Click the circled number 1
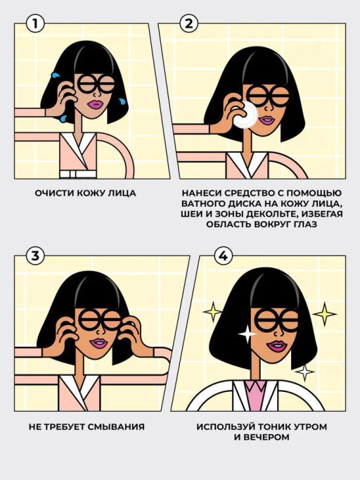(35, 23)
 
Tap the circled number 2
(189, 23)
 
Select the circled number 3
(35, 255)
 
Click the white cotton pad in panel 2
(245, 114)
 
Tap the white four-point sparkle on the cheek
(247, 334)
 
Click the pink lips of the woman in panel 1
(95, 105)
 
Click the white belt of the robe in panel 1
(78, 174)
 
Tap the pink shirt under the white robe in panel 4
(255, 395)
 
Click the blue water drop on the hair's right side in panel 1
(122, 101)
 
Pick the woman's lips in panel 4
(276, 346)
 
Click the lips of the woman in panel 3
(98, 343)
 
